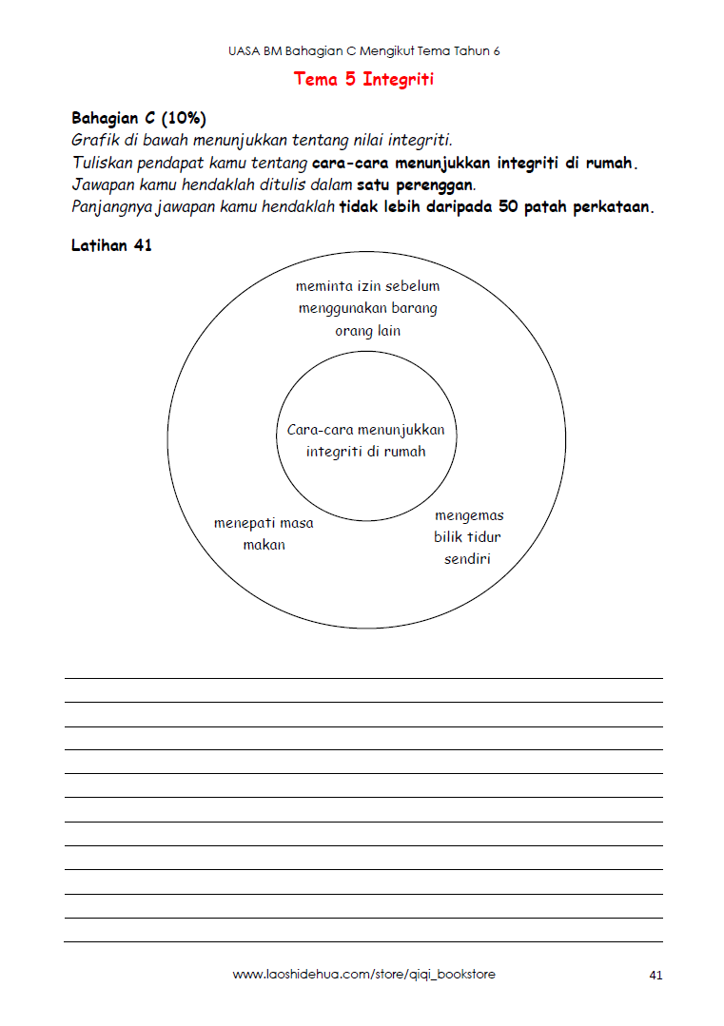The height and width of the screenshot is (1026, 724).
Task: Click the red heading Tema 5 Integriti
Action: click(363, 79)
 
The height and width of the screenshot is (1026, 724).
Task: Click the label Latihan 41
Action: click(111, 245)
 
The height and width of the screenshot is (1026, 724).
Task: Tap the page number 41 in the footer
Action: click(656, 975)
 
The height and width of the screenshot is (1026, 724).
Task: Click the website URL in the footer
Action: click(363, 975)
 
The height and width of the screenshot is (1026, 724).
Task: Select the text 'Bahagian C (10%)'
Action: click(139, 119)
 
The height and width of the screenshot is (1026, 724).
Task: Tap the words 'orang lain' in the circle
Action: click(367, 331)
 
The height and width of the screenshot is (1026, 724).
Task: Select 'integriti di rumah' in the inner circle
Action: click(366, 452)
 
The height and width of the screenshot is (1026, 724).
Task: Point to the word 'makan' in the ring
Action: click(264, 545)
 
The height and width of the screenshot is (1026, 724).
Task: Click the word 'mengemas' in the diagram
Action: click(469, 515)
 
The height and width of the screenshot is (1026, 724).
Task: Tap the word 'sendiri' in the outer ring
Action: click(467, 559)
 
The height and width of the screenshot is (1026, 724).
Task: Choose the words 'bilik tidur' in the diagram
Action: click(467, 537)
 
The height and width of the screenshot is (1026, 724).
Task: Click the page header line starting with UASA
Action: click(363, 51)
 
